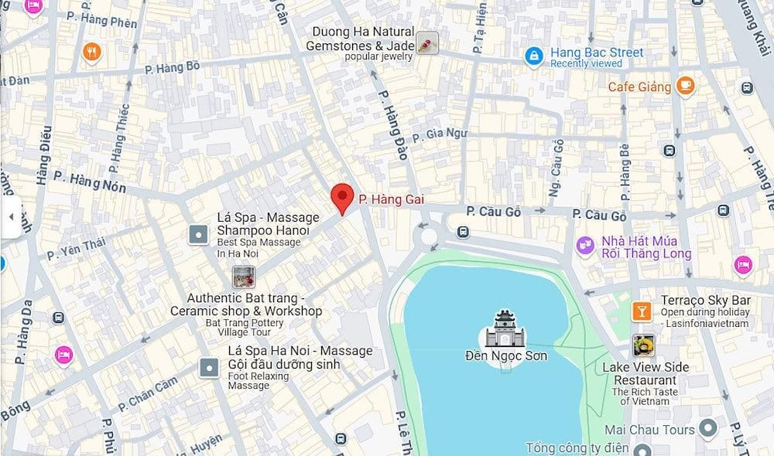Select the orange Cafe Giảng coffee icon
pyautogui.click(x=684, y=86)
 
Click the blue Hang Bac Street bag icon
pyautogui.click(x=533, y=56)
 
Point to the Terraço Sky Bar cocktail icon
pyautogui.click(x=642, y=311)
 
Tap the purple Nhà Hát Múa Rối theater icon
pyautogui.click(x=586, y=246)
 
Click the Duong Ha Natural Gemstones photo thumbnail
pyautogui.click(x=427, y=43)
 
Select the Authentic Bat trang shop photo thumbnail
pyautogui.click(x=244, y=277)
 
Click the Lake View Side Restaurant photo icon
pyautogui.click(x=642, y=345)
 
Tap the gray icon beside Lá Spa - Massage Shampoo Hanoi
pyautogui.click(x=199, y=233)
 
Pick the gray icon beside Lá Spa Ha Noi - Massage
pyautogui.click(x=208, y=367)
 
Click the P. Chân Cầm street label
pyautogui.click(x=148, y=394)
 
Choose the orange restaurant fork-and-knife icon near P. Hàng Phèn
pyautogui.click(x=92, y=52)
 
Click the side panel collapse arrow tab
pyautogui.click(x=10, y=217)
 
